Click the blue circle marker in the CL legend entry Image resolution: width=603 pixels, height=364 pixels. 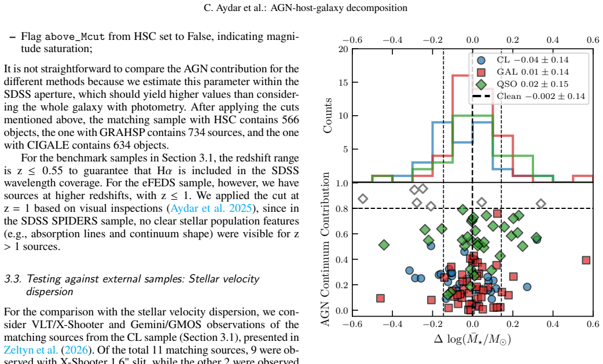[481, 60]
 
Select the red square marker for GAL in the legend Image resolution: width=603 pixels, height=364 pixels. [481, 72]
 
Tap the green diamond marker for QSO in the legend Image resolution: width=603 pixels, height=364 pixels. [481, 84]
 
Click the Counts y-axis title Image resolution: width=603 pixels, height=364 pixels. [328, 116]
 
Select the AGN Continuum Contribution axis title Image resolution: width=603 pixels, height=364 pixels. [325, 249]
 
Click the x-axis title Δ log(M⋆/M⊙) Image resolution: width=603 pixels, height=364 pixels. [473, 339]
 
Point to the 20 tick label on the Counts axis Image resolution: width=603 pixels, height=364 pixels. [343, 49]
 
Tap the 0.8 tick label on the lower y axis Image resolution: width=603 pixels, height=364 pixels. [342, 209]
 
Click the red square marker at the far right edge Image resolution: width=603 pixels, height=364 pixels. [586, 260]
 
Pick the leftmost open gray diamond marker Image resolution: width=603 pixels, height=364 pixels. [363, 198]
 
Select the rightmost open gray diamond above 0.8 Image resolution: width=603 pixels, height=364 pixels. [541, 204]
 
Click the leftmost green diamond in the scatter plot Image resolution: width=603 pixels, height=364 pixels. [384, 244]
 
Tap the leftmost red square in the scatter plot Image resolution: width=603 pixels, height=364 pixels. [380, 298]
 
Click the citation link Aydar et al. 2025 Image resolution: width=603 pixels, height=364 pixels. [211, 208]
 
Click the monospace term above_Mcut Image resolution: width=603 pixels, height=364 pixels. [75, 36]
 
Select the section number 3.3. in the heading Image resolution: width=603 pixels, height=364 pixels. [13, 279]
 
